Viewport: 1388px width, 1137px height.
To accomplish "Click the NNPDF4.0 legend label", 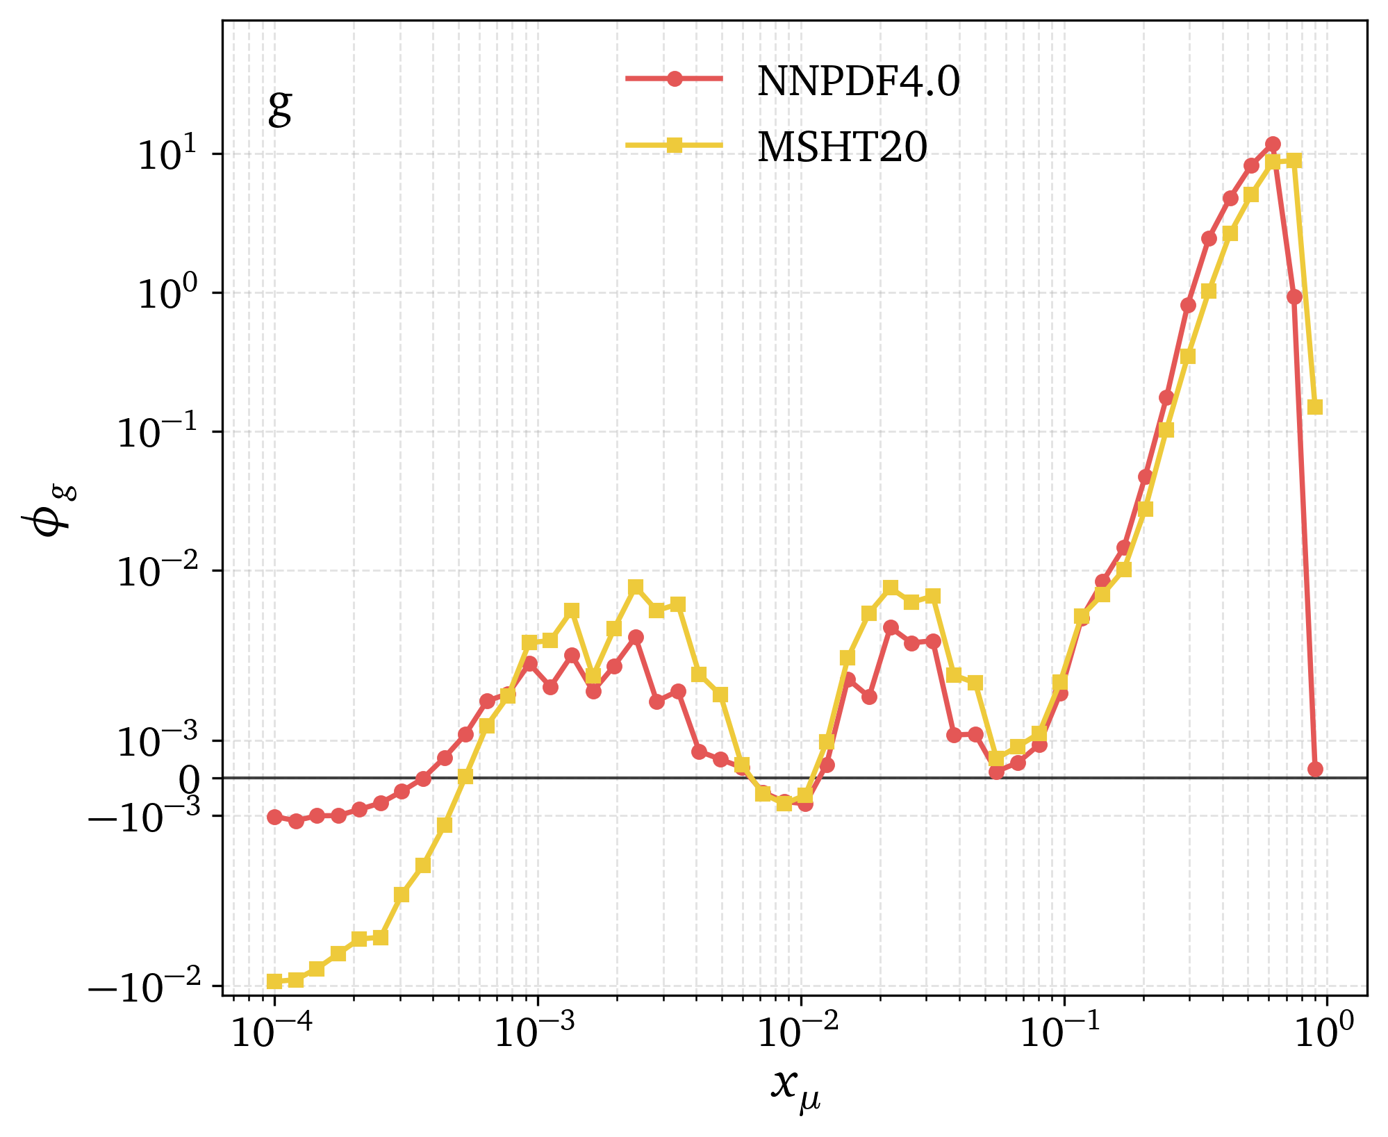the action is pyautogui.click(x=859, y=81).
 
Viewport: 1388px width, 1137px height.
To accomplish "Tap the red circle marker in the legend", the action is pyautogui.click(x=674, y=78).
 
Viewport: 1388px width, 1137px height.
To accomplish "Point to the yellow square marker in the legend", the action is pyautogui.click(x=674, y=145).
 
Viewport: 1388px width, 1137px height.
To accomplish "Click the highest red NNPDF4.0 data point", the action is pyautogui.click(x=1273, y=144).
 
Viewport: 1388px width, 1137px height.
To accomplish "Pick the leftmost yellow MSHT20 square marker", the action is pyautogui.click(x=274, y=981).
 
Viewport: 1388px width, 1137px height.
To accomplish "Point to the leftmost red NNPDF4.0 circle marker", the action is pyautogui.click(x=274, y=817).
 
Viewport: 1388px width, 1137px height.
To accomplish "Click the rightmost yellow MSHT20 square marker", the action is pyautogui.click(x=1315, y=407).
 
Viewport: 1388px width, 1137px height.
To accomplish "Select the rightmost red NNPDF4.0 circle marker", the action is pyautogui.click(x=1315, y=769).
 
